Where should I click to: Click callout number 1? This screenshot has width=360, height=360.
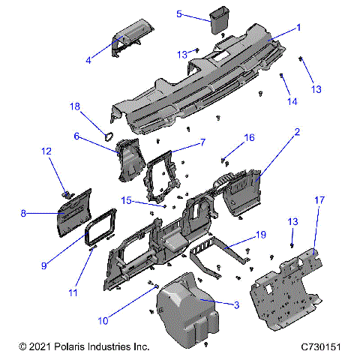click(298, 27)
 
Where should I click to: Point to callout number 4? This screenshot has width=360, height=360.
click(88, 59)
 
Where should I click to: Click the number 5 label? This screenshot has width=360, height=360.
click(179, 13)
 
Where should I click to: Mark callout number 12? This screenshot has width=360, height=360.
click(46, 151)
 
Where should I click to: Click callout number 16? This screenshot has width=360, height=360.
click(250, 138)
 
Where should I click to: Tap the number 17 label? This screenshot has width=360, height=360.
click(319, 200)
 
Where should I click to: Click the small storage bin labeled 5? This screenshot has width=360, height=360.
click(220, 20)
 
